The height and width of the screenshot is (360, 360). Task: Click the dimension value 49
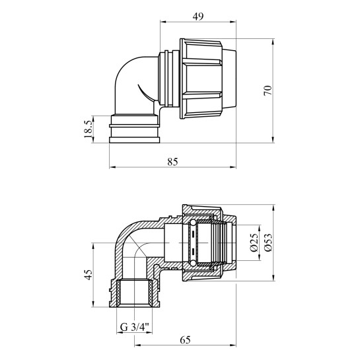point(198,17)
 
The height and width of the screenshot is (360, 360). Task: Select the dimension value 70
point(268,90)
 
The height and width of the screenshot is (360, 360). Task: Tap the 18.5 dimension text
point(88,129)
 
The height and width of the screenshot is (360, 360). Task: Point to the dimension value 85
point(172,162)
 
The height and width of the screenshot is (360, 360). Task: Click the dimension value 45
point(89,275)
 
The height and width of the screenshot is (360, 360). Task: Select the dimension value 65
point(185,340)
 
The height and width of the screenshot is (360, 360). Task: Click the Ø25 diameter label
point(254,243)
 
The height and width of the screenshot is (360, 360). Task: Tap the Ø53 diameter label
point(268,242)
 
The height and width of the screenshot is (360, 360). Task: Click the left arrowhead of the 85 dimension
point(112,167)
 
